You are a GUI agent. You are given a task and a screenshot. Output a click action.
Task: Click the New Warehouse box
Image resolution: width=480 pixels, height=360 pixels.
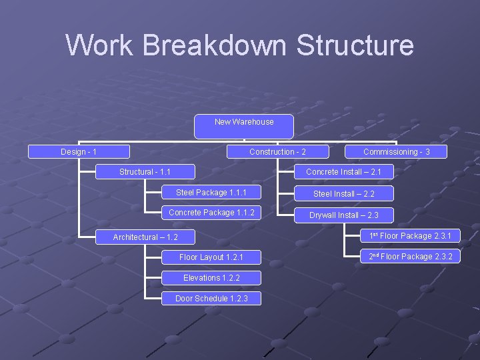(x=243, y=127)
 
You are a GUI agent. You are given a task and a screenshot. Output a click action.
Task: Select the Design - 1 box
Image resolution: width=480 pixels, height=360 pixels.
(x=79, y=152)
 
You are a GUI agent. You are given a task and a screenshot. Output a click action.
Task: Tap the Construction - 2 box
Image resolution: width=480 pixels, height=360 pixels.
(x=277, y=152)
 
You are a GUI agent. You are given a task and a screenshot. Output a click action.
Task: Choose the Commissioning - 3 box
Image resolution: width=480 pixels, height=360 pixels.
(x=396, y=152)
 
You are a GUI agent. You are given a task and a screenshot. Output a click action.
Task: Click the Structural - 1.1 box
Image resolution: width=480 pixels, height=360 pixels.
(x=145, y=172)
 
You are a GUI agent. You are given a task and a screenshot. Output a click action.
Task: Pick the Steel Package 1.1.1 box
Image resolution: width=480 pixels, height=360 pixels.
(x=211, y=193)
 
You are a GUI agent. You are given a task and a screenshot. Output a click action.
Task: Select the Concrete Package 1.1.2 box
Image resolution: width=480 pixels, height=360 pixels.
(x=211, y=213)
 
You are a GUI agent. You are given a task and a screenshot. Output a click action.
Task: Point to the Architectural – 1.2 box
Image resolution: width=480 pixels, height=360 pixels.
(x=145, y=237)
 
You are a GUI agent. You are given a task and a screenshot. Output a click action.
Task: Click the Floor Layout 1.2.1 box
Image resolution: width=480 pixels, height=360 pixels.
(x=211, y=257)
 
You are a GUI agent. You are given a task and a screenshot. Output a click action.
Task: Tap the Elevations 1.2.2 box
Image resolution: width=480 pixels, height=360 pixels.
(x=211, y=278)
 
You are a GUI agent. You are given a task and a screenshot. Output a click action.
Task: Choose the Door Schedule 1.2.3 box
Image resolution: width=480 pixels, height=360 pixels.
(x=211, y=299)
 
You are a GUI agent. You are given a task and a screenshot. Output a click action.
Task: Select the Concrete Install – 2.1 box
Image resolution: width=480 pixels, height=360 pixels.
(x=344, y=172)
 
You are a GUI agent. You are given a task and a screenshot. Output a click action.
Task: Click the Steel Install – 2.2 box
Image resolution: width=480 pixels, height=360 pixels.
(x=344, y=194)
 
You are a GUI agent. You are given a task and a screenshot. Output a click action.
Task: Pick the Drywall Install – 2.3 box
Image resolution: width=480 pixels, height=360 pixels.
(x=344, y=215)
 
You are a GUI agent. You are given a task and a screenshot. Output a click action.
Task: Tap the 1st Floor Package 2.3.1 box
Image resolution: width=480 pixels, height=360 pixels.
(x=410, y=236)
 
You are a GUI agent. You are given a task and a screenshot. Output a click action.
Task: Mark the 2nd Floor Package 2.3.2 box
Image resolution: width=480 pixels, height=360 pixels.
(x=410, y=257)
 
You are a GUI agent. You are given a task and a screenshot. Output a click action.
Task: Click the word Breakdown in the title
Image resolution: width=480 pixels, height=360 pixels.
(x=215, y=45)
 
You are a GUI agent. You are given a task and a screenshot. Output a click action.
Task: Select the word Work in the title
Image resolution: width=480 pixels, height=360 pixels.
(x=100, y=45)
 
